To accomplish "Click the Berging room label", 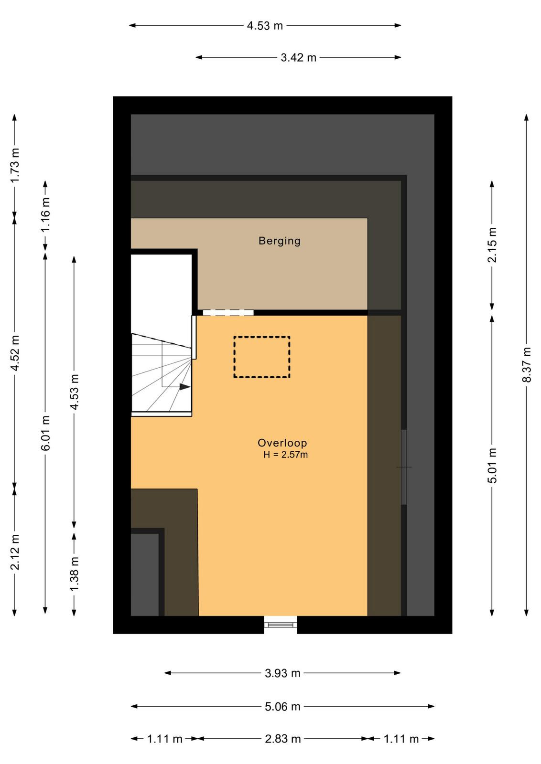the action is tap(280, 241).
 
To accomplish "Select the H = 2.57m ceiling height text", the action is tap(285, 455).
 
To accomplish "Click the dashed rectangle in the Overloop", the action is tap(262, 357).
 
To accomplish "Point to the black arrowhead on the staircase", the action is tap(185, 387).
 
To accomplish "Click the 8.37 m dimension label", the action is tap(527, 365).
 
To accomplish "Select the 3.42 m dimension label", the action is tap(299, 58).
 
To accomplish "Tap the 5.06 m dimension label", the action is tap(282, 706).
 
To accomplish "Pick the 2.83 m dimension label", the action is tap(282, 739).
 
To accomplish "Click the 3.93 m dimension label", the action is tap(282, 673).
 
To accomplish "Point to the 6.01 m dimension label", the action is tap(45, 433).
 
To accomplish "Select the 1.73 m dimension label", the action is tap(15, 165).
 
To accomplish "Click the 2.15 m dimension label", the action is tap(492, 245).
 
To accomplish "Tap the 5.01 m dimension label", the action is tap(492, 466).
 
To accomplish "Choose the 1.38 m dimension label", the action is tap(74, 574).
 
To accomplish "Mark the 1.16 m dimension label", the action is tap(45, 214).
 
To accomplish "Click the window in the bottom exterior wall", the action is tap(281, 625).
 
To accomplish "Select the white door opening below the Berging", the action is tap(228, 313).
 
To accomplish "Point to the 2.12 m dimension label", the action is tap(15, 552).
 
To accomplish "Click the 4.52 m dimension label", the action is tap(15, 353).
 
